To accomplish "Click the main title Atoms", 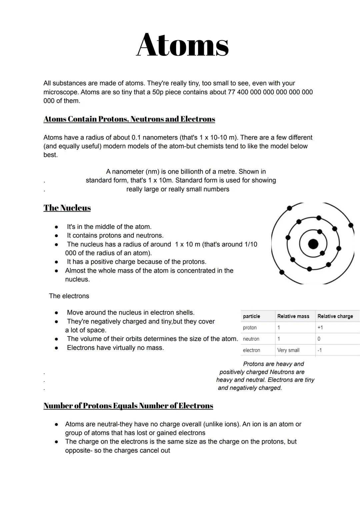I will pyautogui.click(x=182, y=45).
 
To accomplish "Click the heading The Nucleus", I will pyautogui.click(x=67, y=208).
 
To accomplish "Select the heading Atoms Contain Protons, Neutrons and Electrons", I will pyautogui.click(x=129, y=119).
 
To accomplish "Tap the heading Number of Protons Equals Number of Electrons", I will pyautogui.click(x=128, y=405).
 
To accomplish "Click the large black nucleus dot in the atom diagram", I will pyautogui.click(x=313, y=244).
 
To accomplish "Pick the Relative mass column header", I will pyautogui.click(x=293, y=316).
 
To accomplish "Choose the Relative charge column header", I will pyautogui.click(x=335, y=316).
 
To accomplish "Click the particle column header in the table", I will pyautogui.click(x=251, y=316).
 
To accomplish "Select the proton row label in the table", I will pyautogui.click(x=250, y=327).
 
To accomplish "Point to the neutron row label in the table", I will pyautogui.click(x=251, y=339).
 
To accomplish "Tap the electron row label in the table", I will pyautogui.click(x=251, y=350).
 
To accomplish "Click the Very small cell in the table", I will pyautogui.click(x=288, y=350).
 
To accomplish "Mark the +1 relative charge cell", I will pyautogui.click(x=320, y=327).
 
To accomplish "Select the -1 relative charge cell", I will pyautogui.click(x=320, y=350).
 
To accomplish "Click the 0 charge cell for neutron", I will pyautogui.click(x=319, y=339).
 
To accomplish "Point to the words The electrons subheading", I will pyautogui.click(x=69, y=296).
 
